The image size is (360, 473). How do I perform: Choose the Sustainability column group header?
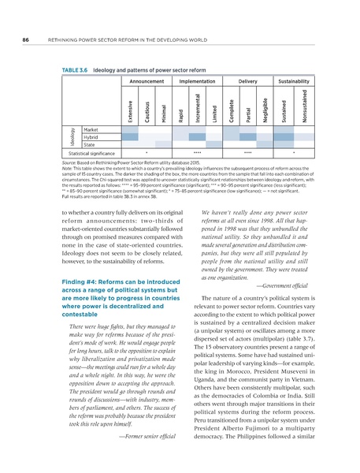coord(296,81)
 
